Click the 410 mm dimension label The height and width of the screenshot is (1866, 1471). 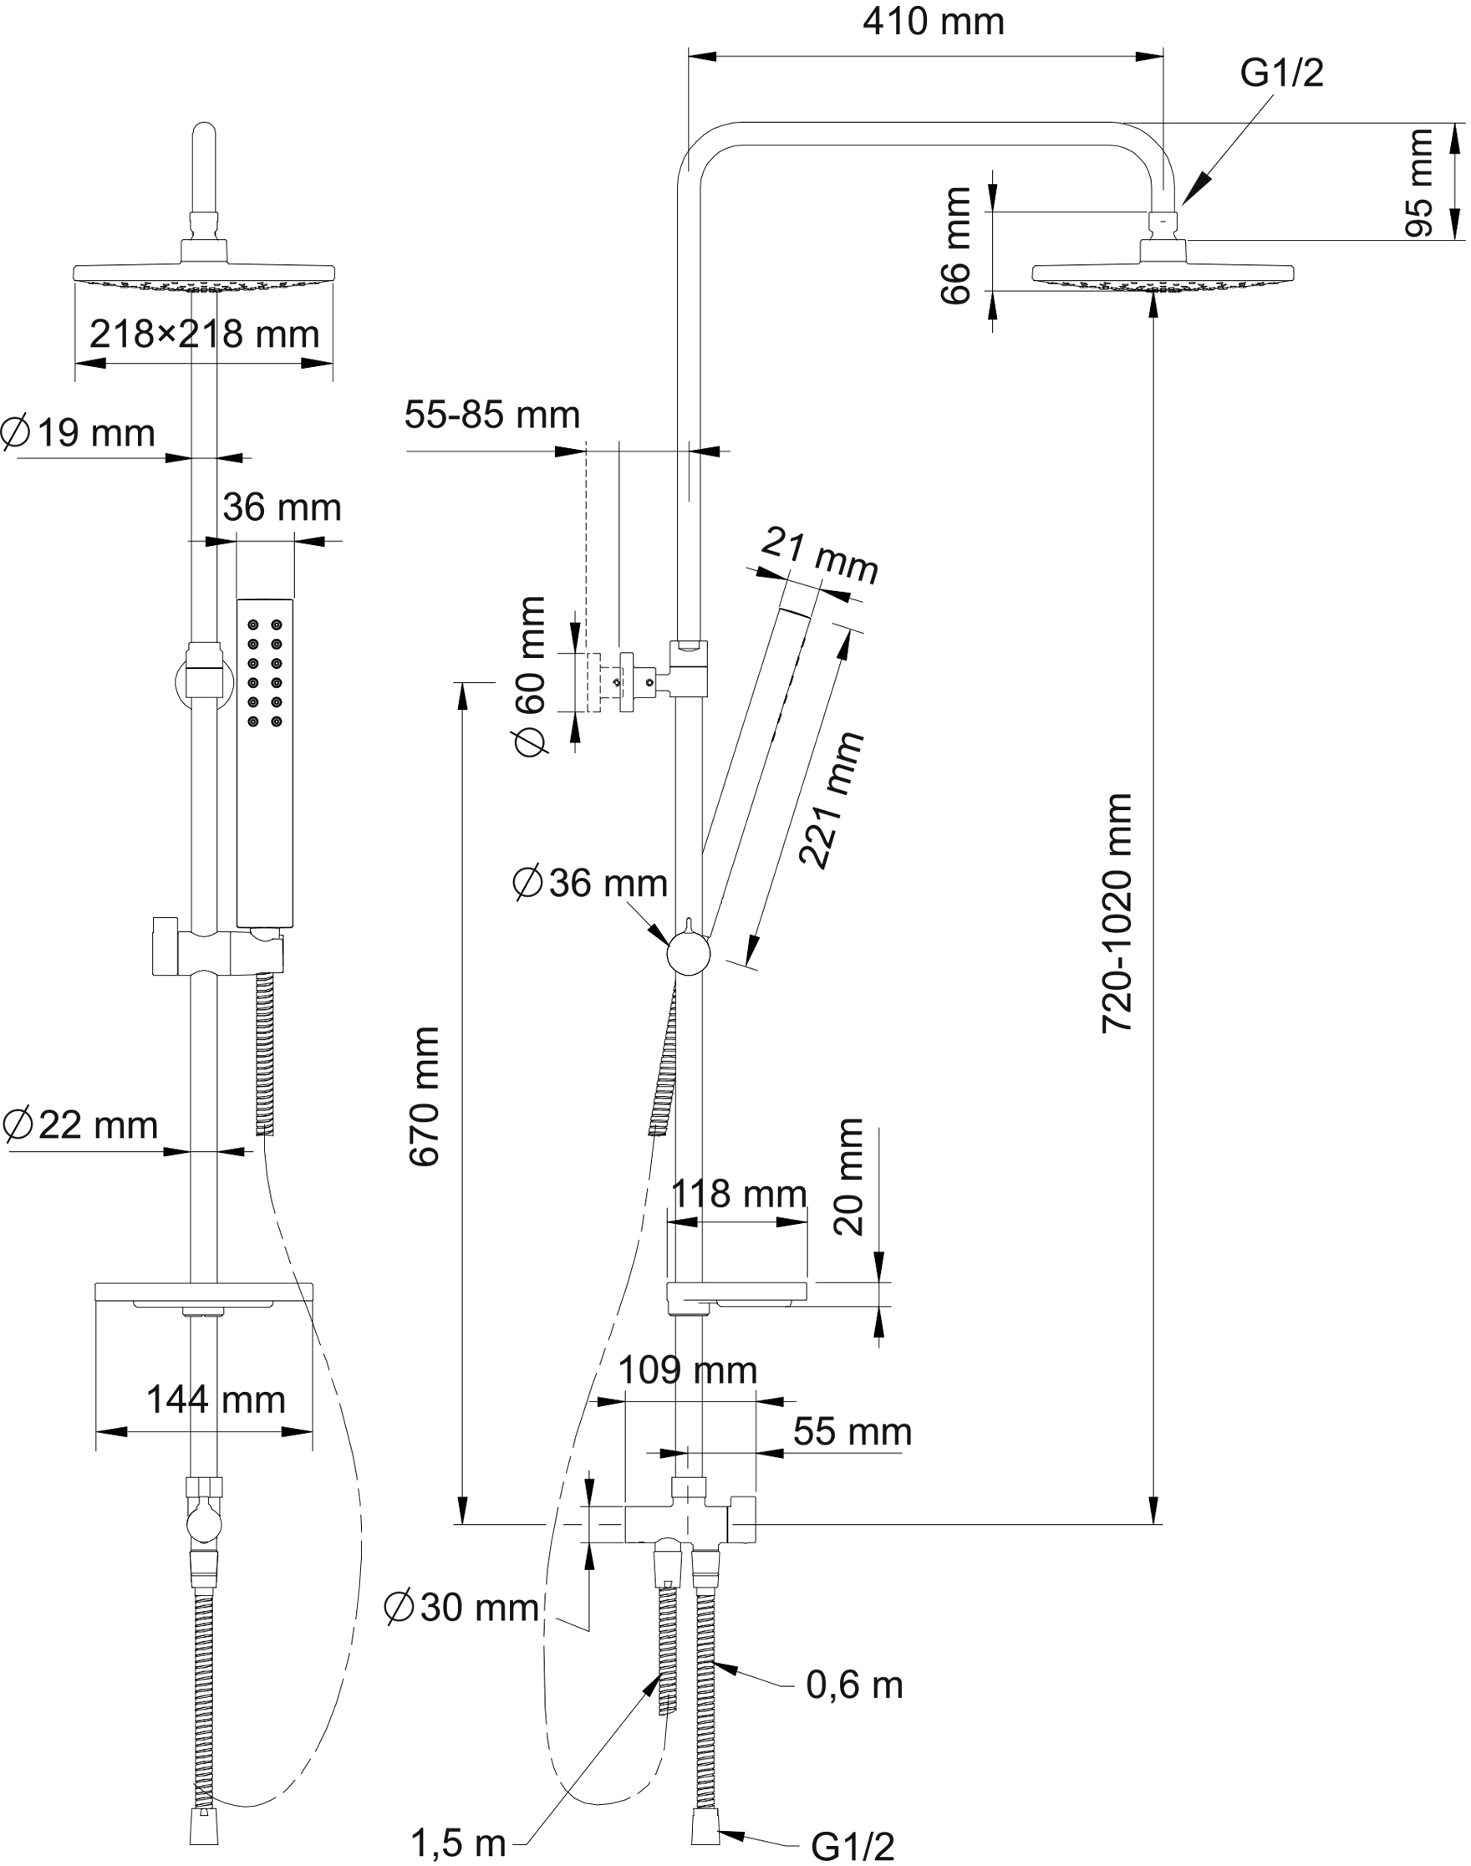pyautogui.click(x=934, y=23)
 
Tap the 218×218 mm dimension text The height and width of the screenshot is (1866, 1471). pyautogui.click(x=204, y=334)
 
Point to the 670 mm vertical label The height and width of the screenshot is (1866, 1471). pyautogui.click(x=425, y=1096)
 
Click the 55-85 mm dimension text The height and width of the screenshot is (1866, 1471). pyautogui.click(x=491, y=416)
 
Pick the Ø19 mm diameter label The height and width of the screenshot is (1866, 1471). pyautogui.click(x=79, y=432)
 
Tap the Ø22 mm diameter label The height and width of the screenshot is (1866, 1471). pyautogui.click(x=80, y=1125)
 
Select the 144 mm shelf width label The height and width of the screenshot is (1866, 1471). pyautogui.click(x=216, y=1400)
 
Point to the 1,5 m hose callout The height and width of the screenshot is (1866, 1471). pyautogui.click(x=458, y=1843)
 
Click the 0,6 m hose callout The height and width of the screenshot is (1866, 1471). pyautogui.click(x=854, y=1685)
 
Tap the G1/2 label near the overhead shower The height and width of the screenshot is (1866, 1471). pyautogui.click(x=1281, y=74)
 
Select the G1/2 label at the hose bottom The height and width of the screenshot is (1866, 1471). pyautogui.click(x=853, y=1846)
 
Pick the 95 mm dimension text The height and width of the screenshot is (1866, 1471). pyautogui.click(x=1419, y=182)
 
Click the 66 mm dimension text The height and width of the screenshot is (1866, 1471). pyautogui.click(x=956, y=246)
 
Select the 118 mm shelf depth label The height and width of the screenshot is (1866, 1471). pyautogui.click(x=739, y=1195)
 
